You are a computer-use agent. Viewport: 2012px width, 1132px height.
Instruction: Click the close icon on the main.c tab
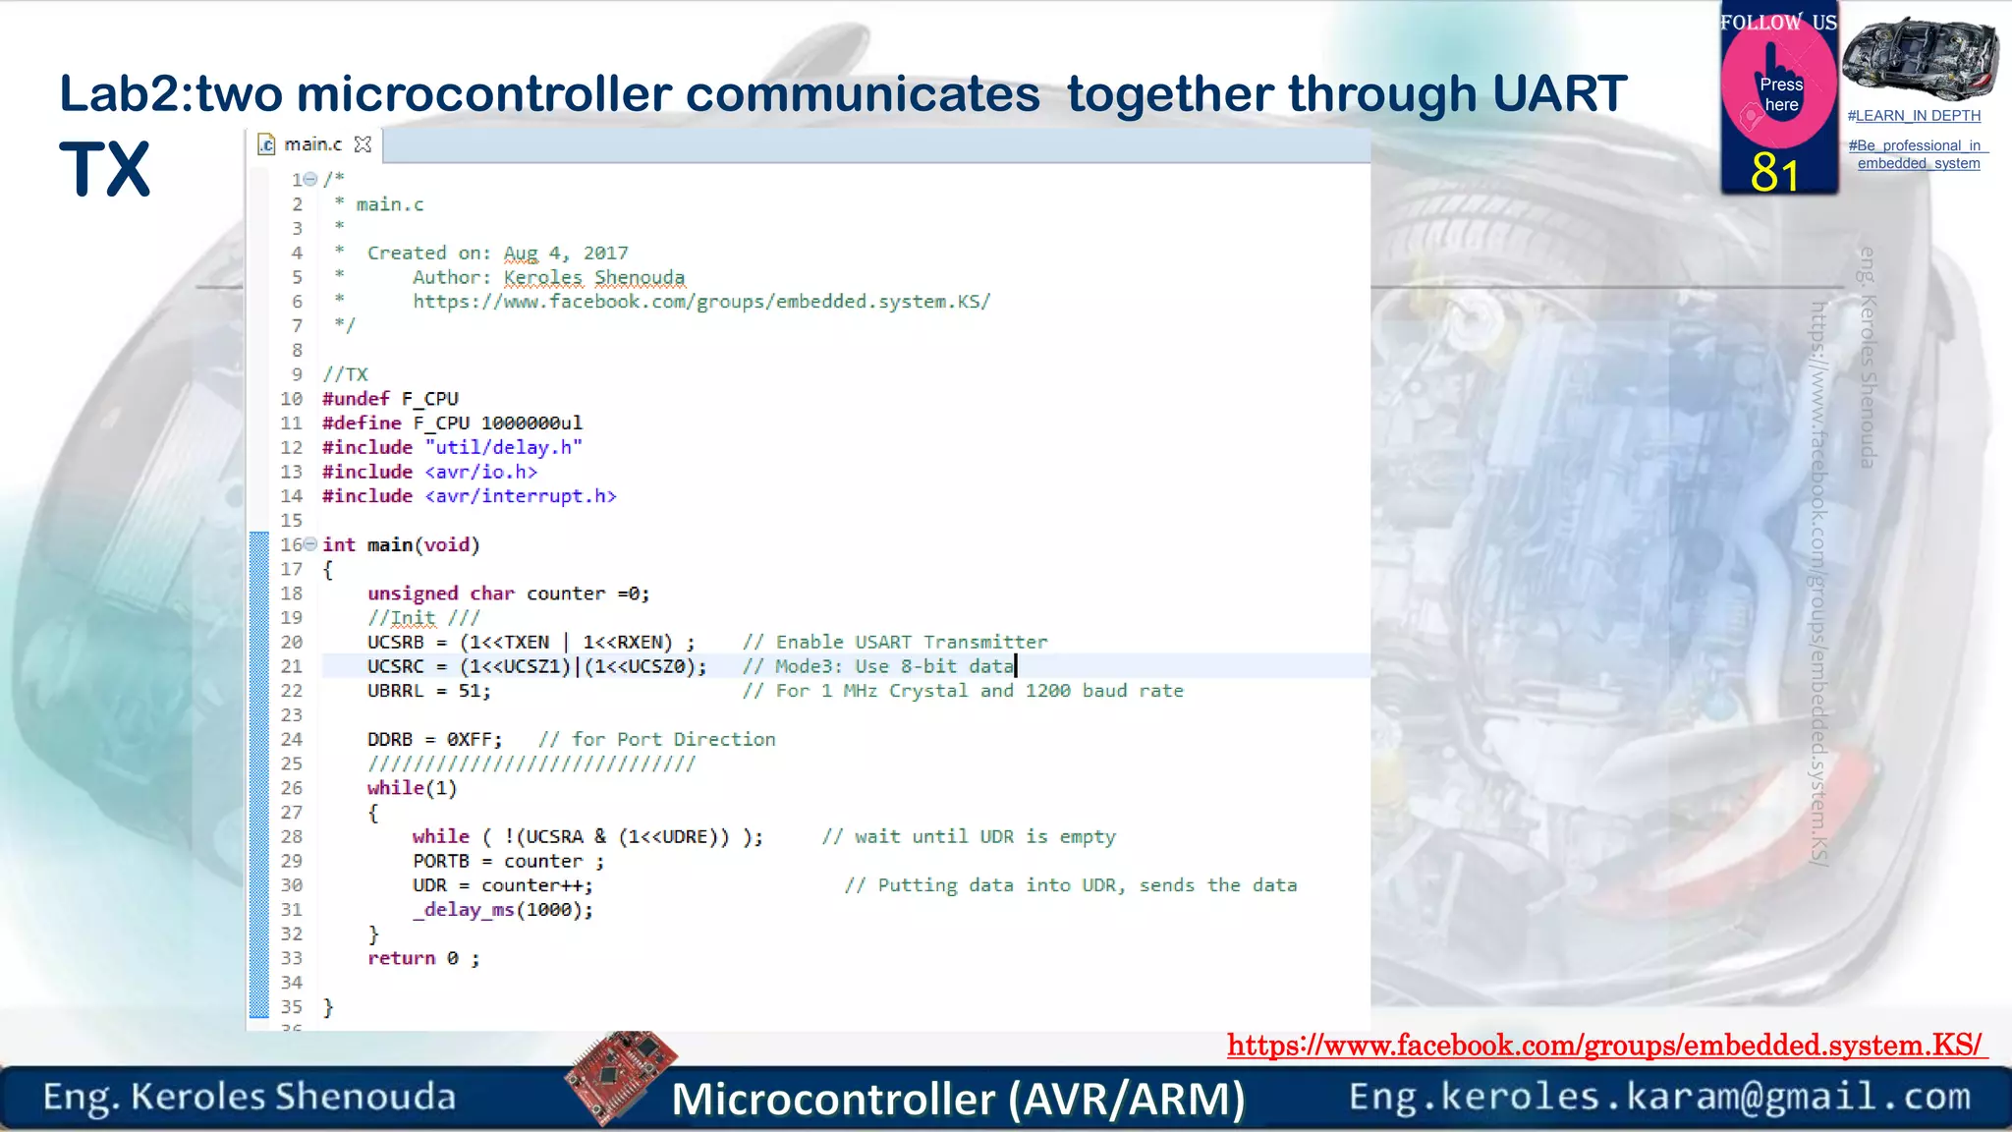363,144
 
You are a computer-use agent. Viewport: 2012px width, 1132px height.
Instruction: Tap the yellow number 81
1774,174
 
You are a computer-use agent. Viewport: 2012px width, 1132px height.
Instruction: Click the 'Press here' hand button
1780,90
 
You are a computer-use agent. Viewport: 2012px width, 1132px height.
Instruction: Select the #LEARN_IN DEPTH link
1914,116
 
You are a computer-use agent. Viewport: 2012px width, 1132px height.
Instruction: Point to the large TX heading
105,170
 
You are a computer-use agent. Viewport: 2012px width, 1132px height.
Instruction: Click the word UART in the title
1559,94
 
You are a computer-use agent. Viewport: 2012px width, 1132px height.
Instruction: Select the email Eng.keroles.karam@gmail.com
1659,1097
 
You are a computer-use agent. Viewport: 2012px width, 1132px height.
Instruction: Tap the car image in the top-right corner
1920,58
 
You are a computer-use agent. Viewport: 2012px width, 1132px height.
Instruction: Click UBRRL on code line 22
396,691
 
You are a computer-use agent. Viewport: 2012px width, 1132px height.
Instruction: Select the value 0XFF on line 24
474,739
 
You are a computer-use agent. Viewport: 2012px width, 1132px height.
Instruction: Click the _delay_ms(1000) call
503,910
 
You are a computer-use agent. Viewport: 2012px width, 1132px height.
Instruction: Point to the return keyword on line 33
401,958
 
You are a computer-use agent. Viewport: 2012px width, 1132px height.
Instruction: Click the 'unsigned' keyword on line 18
413,594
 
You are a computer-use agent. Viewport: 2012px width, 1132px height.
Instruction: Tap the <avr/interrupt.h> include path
521,496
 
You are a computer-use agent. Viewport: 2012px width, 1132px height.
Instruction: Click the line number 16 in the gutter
291,544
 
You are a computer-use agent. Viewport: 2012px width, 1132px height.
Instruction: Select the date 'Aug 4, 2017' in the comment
566,254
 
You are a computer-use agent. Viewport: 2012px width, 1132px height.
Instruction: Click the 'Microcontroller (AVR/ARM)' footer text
958,1099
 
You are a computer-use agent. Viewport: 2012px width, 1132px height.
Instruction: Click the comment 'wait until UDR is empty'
984,837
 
